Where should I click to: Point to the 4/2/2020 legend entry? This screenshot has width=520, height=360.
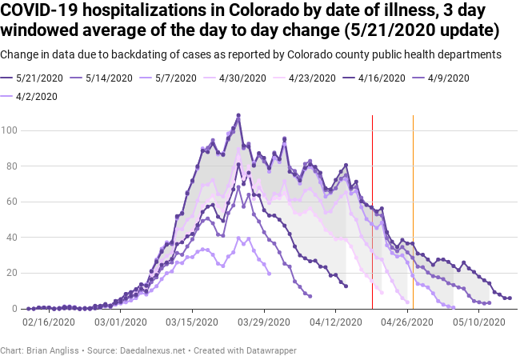38,96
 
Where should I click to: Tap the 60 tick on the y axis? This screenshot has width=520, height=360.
14,202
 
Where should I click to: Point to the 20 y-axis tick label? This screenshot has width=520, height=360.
14,273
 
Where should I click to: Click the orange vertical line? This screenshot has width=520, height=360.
413,208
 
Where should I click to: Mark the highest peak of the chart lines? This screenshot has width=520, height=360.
238,115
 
